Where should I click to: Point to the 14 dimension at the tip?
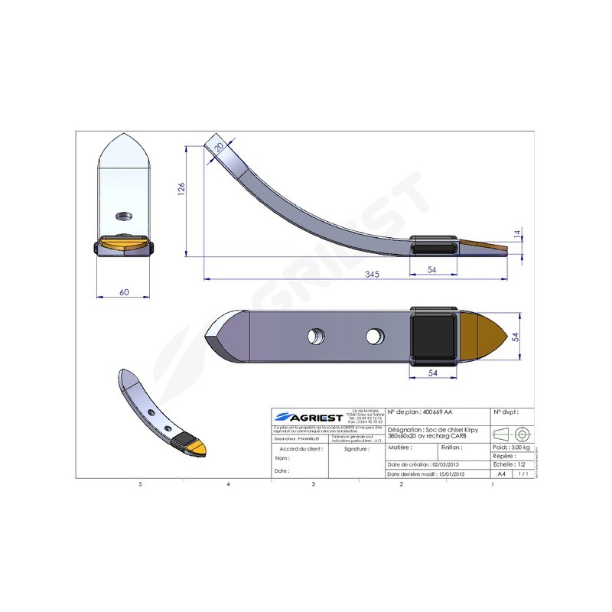click(x=517, y=235)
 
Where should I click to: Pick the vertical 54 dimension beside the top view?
click(x=515, y=337)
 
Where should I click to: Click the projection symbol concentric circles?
click(x=522, y=433)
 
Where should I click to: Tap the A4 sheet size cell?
click(x=502, y=474)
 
